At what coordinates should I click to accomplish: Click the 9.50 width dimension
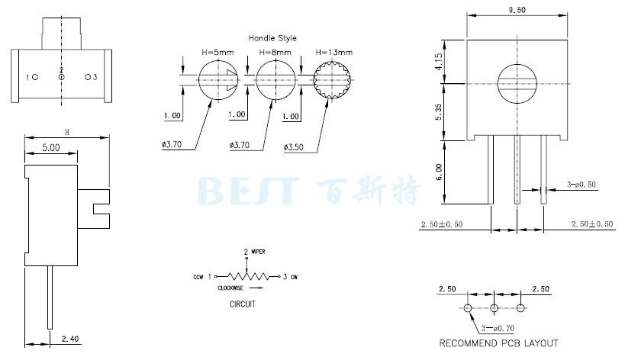coord(517,11)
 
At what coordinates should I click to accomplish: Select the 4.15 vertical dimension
coord(439,62)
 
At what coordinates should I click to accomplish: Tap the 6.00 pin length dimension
coord(439,172)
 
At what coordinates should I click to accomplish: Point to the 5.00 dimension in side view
coord(51,148)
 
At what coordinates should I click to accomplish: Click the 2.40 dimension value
coord(70,339)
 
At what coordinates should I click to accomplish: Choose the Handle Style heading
coord(272,38)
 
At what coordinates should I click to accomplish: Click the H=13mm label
coord(334,52)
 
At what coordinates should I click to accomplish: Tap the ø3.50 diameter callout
coord(293,147)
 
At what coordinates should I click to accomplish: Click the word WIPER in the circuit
coord(258,252)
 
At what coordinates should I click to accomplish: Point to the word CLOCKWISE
coord(230,288)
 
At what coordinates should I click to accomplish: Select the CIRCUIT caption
coord(243,304)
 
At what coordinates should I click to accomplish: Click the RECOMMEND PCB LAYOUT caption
coord(498,343)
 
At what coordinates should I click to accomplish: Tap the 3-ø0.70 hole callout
coord(498,328)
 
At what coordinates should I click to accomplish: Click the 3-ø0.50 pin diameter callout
coord(582,185)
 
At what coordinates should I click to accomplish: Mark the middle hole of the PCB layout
coord(495,308)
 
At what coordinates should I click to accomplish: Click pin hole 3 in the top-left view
coord(88,77)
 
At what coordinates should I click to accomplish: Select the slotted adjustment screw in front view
coord(517,84)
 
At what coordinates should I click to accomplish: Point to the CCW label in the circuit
coord(198,277)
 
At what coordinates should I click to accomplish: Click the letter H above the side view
coord(67,132)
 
